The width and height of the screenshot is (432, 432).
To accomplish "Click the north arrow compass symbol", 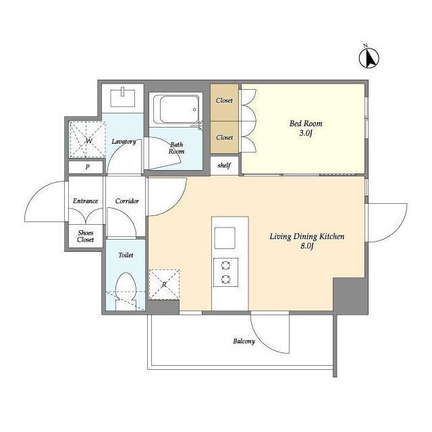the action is (x=369, y=57).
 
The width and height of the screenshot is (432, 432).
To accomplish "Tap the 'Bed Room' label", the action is (x=306, y=124).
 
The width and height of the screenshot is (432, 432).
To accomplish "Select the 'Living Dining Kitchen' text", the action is (x=307, y=236).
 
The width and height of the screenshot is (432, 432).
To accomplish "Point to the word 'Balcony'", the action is (x=244, y=342).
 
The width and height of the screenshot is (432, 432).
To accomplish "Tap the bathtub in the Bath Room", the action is (x=177, y=109).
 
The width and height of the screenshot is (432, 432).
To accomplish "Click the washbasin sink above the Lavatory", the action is (x=123, y=97).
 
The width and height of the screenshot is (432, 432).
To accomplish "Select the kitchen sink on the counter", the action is (x=225, y=238).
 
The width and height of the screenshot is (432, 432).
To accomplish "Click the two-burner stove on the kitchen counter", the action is (x=225, y=273).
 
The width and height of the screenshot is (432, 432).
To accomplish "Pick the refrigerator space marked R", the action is (x=164, y=285).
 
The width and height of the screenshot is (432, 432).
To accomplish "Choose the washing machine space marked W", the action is (x=87, y=140).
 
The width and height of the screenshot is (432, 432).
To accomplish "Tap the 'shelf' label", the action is (x=224, y=165).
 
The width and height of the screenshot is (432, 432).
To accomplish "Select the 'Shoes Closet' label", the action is (x=86, y=236).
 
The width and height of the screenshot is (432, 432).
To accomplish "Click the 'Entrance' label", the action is (x=86, y=201).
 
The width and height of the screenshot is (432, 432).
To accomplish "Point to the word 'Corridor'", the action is (x=127, y=201).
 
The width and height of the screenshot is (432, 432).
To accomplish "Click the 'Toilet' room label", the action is (x=126, y=255).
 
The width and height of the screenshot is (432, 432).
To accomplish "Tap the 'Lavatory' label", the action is (x=124, y=142).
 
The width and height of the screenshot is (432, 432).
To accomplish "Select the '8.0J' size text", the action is (x=307, y=246).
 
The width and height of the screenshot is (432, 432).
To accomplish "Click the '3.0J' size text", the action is (x=306, y=134).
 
